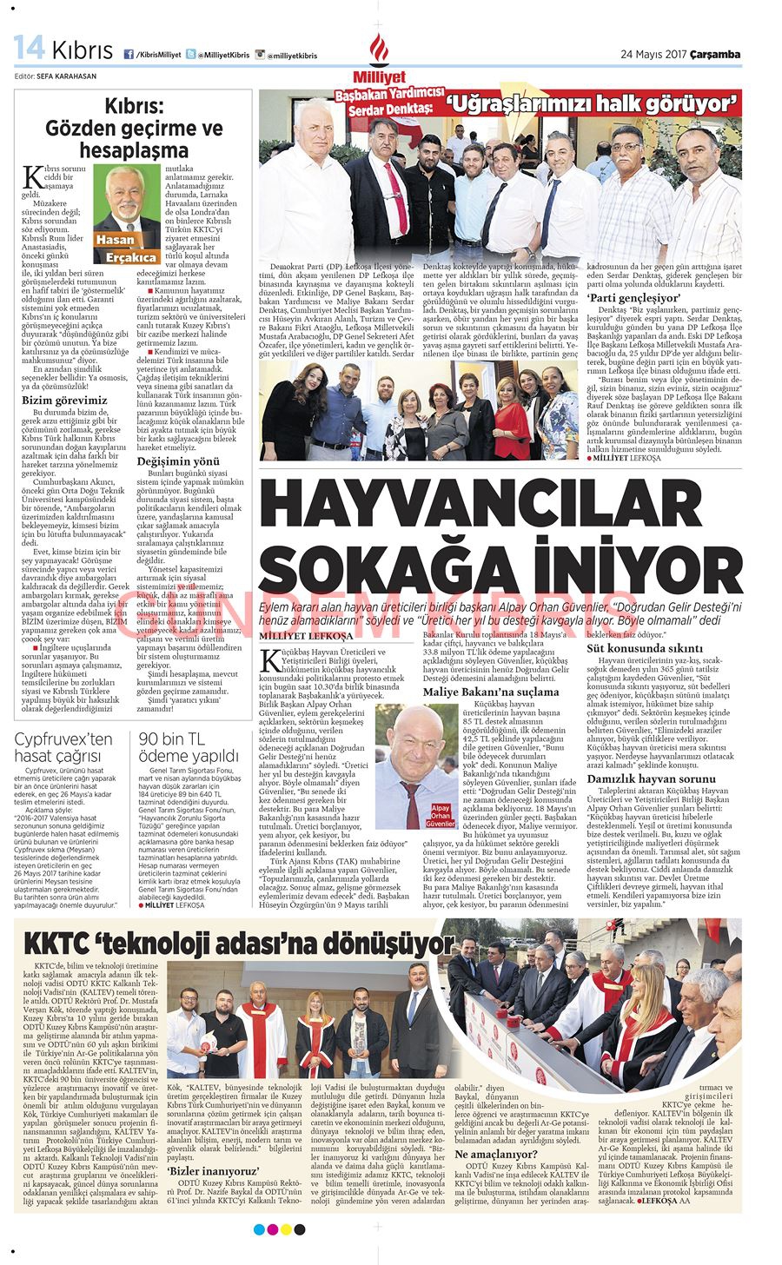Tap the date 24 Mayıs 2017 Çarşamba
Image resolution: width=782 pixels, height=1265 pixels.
(680, 54)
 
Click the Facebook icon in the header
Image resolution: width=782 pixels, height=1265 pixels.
(129, 55)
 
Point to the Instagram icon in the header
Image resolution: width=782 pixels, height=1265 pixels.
(260, 55)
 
